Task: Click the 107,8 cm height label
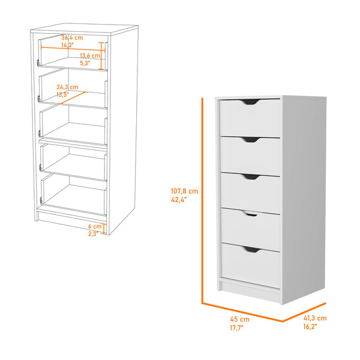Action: (184, 191)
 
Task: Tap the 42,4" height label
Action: (179, 201)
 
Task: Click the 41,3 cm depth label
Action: (314, 318)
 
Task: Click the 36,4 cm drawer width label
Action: (71, 37)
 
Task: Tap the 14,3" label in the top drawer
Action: (67, 45)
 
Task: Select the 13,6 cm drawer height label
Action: (90, 55)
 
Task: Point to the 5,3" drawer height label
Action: (86, 62)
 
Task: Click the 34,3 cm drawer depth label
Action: (68, 86)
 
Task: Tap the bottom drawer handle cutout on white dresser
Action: (250, 248)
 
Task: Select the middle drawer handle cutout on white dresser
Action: (250, 176)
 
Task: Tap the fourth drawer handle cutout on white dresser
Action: (250, 213)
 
